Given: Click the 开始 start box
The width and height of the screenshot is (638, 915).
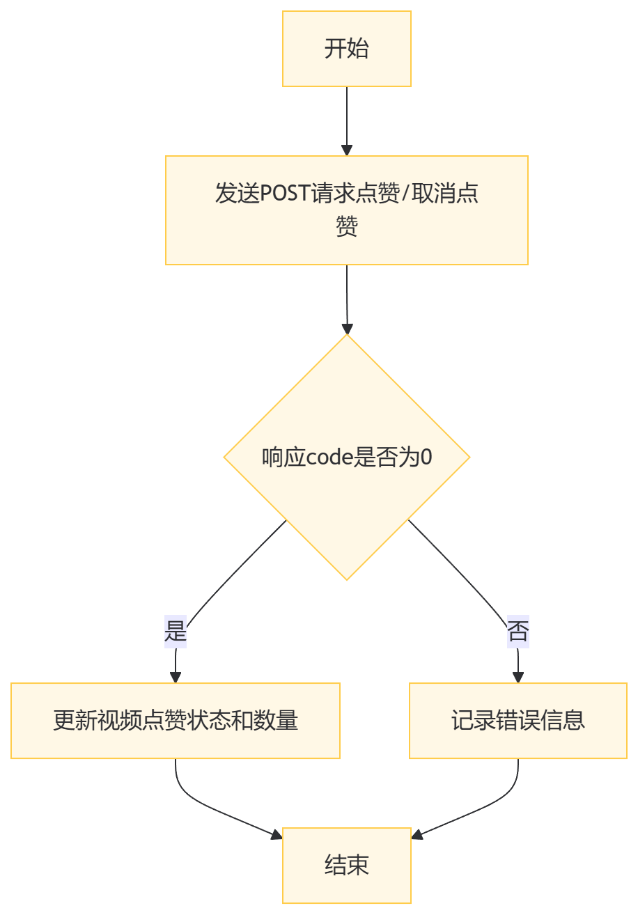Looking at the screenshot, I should pos(346,49).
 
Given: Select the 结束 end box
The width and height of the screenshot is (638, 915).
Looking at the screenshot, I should pos(346,865).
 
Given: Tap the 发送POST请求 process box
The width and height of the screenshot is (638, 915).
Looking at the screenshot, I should pos(346,210).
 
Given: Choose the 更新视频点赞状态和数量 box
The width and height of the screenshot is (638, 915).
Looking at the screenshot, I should pos(175,720).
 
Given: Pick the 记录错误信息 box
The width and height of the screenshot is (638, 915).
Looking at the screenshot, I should pos(518,720).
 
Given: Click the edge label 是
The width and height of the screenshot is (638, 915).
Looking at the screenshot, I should pos(176,632).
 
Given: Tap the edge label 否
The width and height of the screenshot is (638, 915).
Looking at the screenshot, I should pos(518,632).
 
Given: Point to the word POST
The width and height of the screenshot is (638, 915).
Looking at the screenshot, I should pos(285,194).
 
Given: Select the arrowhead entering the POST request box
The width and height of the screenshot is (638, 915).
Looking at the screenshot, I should pos(347,150).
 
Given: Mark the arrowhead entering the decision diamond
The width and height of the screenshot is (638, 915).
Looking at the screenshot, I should pos(347,329).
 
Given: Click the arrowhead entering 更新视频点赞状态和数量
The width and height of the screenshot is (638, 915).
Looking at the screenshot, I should pos(176,677).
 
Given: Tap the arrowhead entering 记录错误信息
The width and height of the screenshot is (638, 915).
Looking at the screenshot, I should pos(518,677).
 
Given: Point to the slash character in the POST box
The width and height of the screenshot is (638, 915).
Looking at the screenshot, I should pos(405,194).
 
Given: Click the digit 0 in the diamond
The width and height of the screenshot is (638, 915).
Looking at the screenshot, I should pos(426,458).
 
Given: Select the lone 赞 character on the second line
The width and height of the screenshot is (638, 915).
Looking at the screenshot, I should pos(346,227).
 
